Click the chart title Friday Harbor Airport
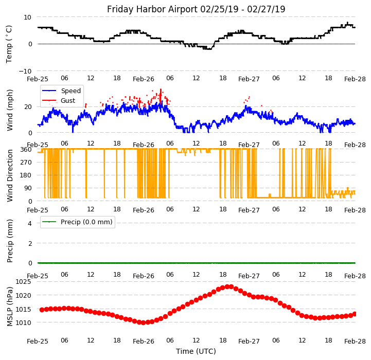point(196,9)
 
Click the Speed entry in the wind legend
point(70,91)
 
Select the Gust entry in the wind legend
point(68,101)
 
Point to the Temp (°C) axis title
point(9,44)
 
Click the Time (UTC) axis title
point(196,351)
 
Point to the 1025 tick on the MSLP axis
point(23,282)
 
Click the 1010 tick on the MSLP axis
point(23,322)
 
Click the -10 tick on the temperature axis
point(25,71)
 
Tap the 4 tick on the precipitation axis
point(29,223)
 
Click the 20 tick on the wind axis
point(27,107)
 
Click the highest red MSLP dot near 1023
point(227,286)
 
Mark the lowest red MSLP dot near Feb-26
point(143,322)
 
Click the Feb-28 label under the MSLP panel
point(355,341)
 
